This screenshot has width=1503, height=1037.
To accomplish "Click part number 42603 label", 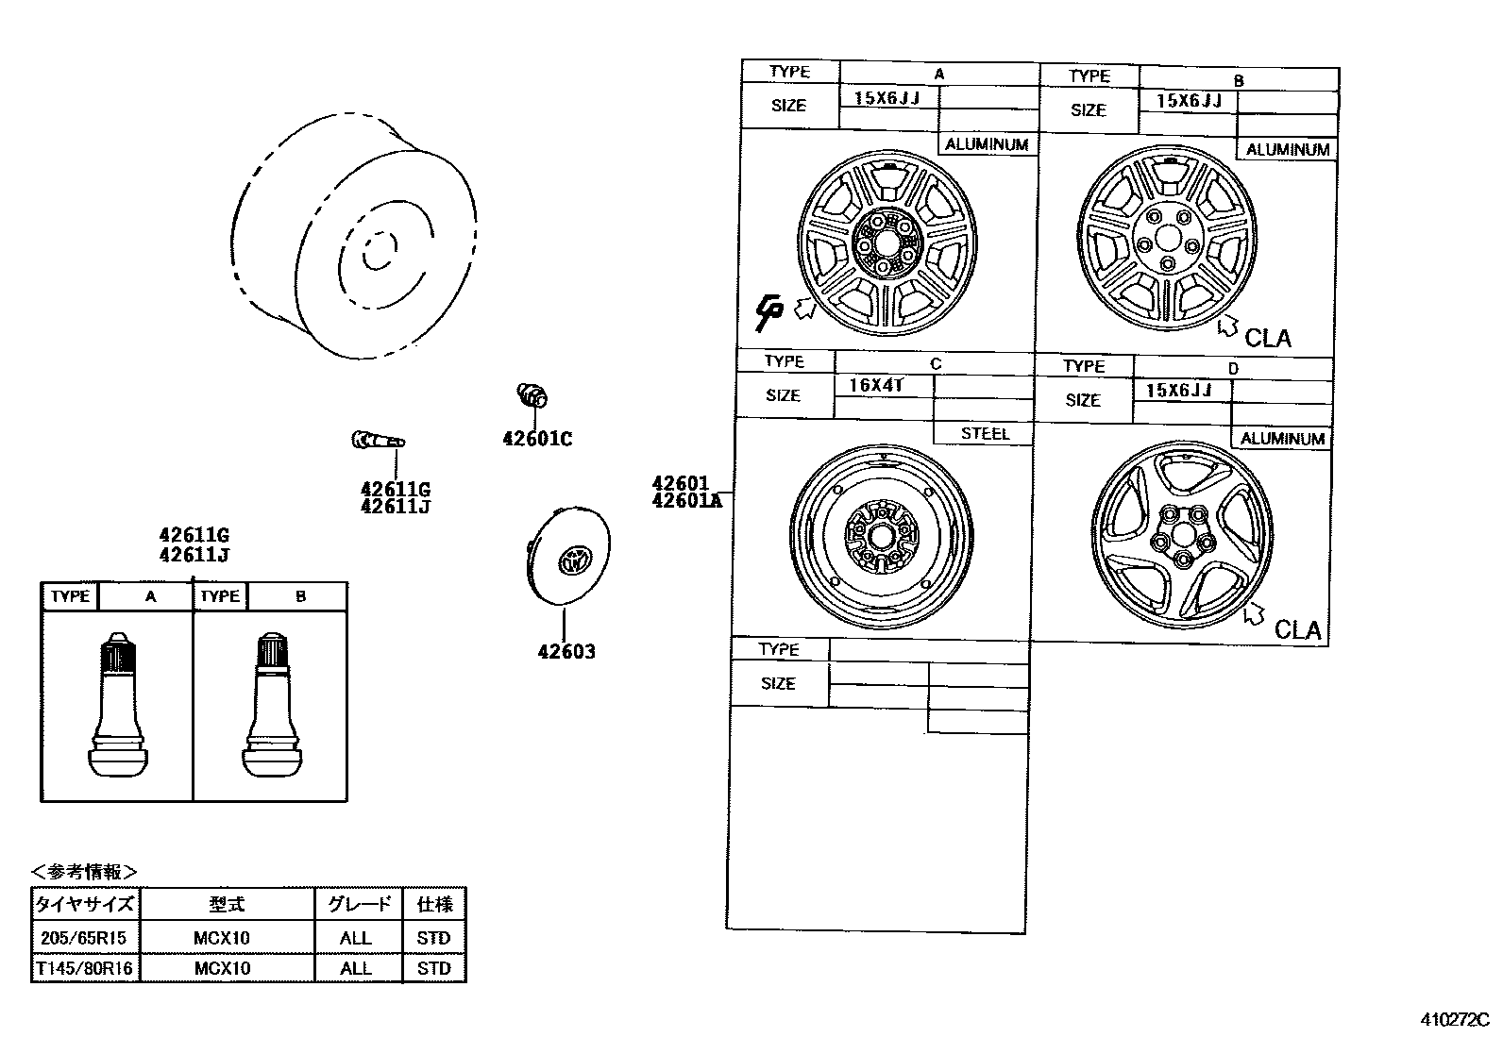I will click(x=566, y=652).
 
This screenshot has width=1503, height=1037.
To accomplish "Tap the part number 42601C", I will click(x=536, y=439).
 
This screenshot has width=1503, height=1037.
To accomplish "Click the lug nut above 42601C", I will click(x=533, y=396).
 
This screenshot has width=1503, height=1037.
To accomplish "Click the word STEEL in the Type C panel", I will click(x=985, y=434).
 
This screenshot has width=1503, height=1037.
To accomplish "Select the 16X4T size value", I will click(x=875, y=386).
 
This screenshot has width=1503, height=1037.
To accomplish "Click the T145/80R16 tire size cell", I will click(x=85, y=968).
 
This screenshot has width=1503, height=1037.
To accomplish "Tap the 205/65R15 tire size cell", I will click(x=85, y=938).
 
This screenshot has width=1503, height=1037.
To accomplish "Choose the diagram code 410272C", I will click(x=1455, y=1020).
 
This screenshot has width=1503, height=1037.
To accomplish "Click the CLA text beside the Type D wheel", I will click(x=1297, y=630).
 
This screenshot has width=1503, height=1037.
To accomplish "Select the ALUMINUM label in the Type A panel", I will click(x=986, y=144).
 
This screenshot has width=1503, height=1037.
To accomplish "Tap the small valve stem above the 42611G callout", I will click(x=378, y=440).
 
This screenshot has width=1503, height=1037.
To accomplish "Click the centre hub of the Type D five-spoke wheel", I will click(x=1182, y=538).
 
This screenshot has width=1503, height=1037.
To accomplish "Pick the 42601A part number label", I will click(x=685, y=501).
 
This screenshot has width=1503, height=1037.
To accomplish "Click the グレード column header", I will click(x=359, y=904).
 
